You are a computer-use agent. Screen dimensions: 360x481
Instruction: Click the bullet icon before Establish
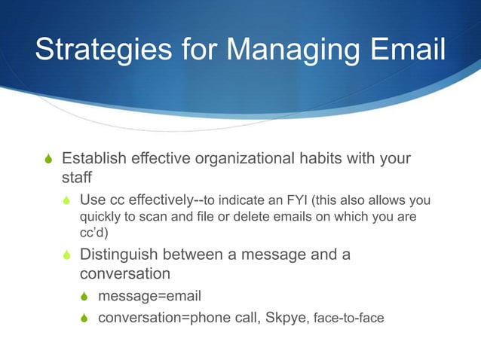click(x=47, y=160)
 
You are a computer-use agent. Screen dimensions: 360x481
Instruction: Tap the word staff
click(x=75, y=178)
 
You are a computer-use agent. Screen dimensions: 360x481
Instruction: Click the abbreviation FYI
click(x=295, y=201)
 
